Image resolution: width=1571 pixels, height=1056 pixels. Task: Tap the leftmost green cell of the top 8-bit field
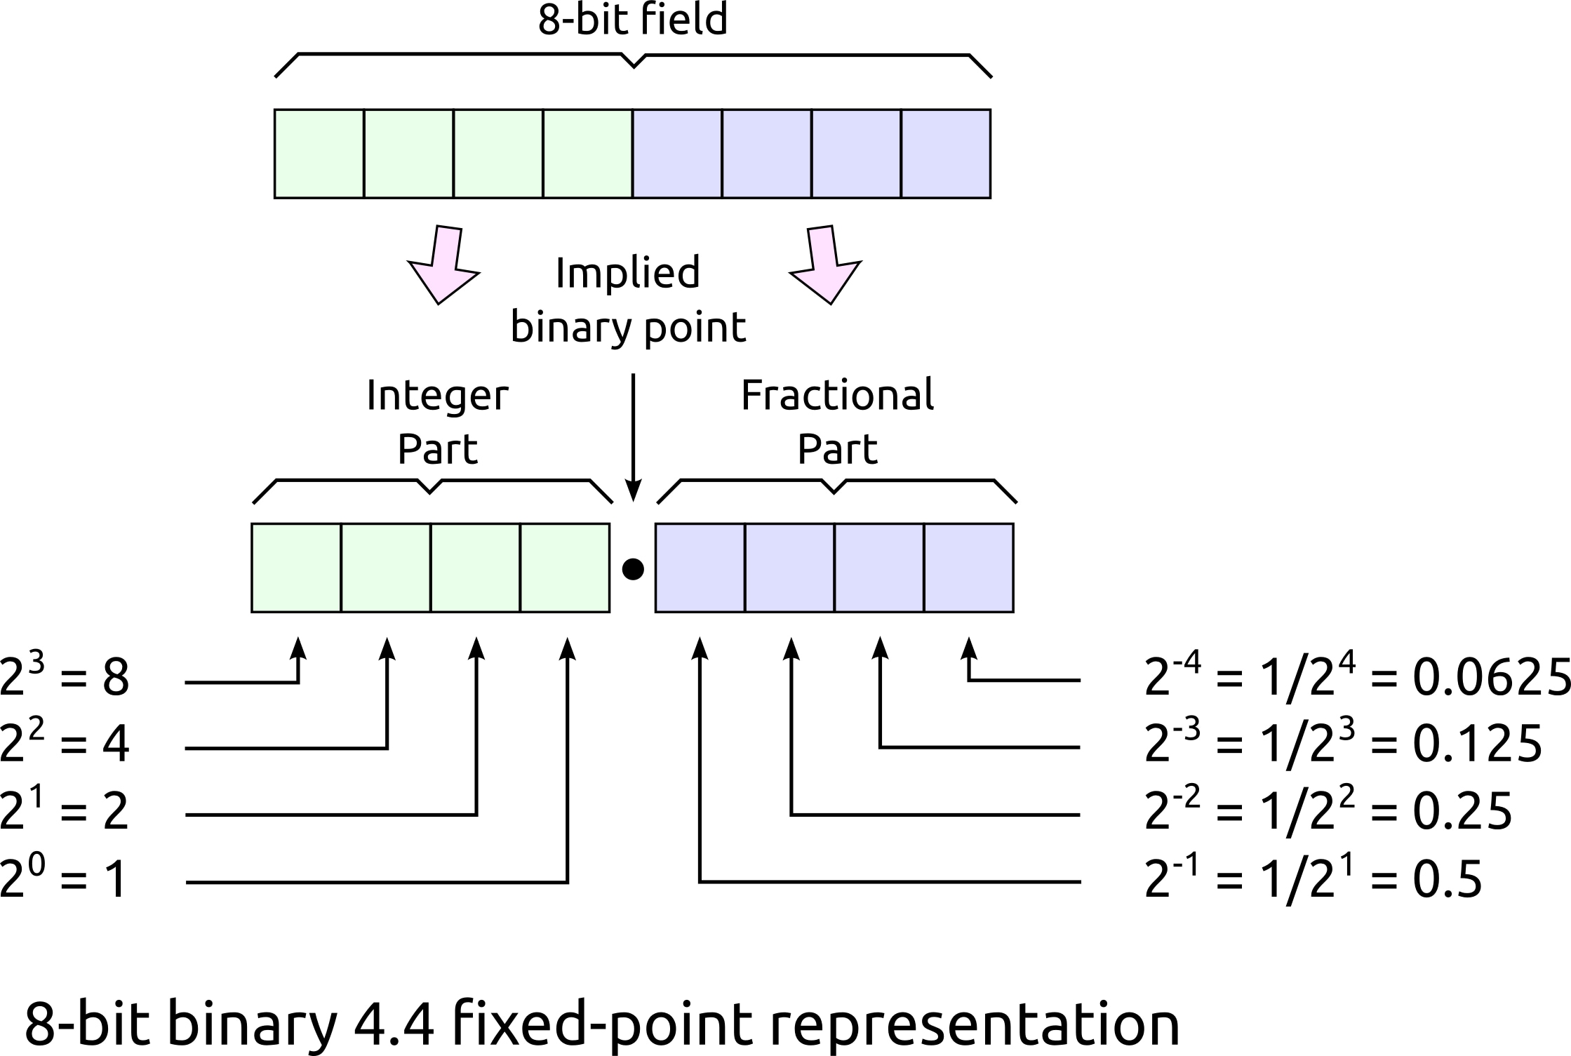319,154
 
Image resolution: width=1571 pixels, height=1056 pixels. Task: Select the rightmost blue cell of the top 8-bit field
945,154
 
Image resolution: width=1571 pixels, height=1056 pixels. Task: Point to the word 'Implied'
627,273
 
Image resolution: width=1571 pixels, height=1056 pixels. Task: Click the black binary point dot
633,569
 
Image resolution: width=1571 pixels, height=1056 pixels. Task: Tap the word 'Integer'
437,395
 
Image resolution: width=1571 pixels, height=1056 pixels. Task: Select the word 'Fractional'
837,395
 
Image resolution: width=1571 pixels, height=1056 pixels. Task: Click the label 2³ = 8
65,676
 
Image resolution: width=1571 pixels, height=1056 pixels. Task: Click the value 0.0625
1491,679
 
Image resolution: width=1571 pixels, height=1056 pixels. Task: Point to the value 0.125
1477,744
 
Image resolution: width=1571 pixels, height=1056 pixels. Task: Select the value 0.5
1447,878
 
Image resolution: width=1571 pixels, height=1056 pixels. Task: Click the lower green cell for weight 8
296,568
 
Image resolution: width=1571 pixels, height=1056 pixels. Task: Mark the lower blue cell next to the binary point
700,568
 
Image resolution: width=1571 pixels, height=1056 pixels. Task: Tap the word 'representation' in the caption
975,1024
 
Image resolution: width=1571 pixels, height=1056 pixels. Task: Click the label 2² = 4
65,744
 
